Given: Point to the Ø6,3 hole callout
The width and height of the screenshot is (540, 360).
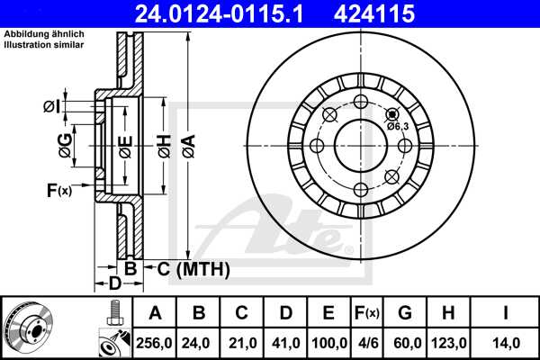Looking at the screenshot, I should [399, 126].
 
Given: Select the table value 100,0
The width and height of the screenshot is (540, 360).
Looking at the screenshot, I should [328, 342].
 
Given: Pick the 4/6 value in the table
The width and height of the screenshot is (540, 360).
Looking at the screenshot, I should [367, 342].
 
